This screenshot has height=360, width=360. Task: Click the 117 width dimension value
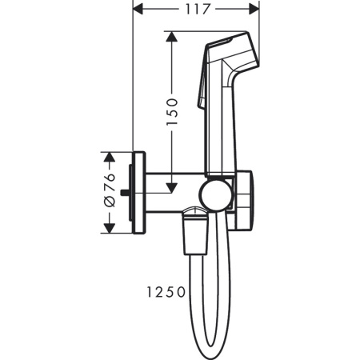pyautogui.click(x=194, y=10)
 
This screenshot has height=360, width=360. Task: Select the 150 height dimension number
pyautogui.click(x=170, y=113)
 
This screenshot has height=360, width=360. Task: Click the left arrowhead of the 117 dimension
pyautogui.click(x=137, y=10)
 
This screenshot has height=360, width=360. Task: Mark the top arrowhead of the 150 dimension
pyautogui.click(x=170, y=37)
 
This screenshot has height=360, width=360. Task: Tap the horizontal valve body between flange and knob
pyautogui.click(x=172, y=193)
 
